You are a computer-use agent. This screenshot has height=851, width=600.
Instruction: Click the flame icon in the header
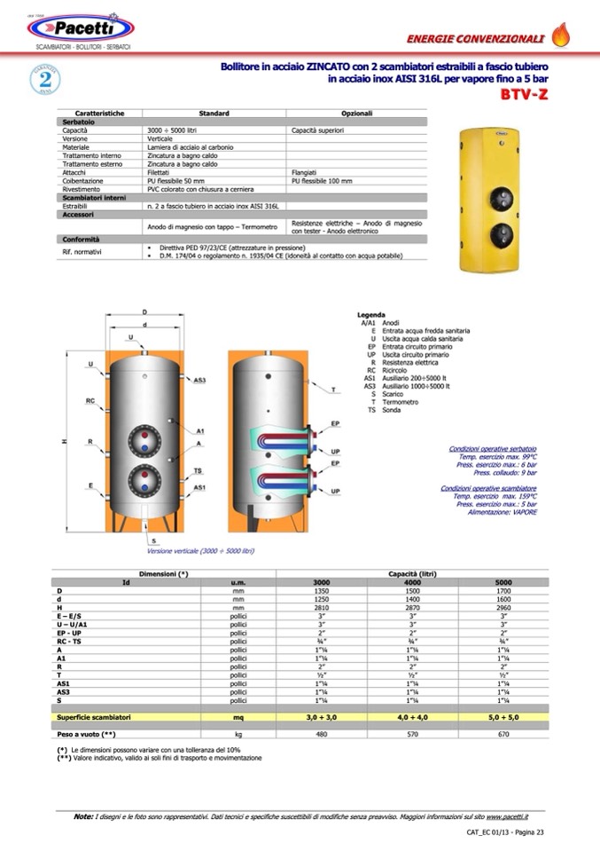[x=561, y=35]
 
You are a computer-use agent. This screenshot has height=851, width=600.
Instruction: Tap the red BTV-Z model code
[x=524, y=94]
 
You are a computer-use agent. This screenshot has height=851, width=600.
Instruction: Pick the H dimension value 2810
[x=322, y=608]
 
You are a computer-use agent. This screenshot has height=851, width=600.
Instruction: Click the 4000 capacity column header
[x=413, y=582]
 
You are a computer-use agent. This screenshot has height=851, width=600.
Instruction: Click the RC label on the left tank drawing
[x=90, y=401]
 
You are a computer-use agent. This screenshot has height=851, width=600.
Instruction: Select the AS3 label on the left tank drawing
[x=200, y=380]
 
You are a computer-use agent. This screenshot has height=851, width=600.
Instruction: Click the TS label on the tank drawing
[x=198, y=470]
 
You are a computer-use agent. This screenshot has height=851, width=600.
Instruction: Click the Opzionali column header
[x=356, y=114]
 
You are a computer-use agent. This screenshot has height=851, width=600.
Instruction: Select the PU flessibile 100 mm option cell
[x=324, y=180]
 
